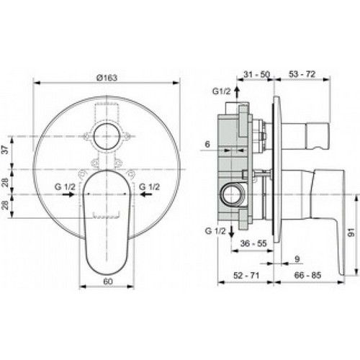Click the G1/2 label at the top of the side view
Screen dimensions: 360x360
pyautogui.click(x=222, y=91)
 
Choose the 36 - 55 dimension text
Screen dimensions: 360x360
pyautogui.click(x=255, y=244)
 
